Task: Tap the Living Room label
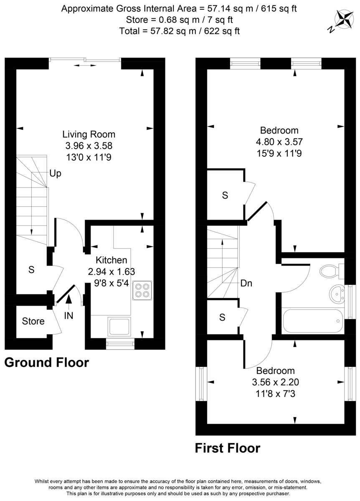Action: (x=89, y=134)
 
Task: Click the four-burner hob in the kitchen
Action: (x=142, y=290)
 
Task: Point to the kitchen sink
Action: (x=119, y=326)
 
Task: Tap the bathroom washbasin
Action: (x=337, y=295)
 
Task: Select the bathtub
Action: (x=312, y=321)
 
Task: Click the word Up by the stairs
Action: (x=55, y=173)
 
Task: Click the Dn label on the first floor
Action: (x=246, y=283)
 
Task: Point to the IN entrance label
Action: (x=68, y=316)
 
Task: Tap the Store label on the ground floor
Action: (x=33, y=321)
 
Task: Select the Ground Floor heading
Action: (x=47, y=362)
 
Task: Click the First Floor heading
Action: (x=228, y=448)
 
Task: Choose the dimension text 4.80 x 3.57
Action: (x=279, y=142)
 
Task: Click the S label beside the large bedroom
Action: (x=225, y=195)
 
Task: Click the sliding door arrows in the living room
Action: (x=85, y=66)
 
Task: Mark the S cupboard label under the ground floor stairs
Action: (x=31, y=270)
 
